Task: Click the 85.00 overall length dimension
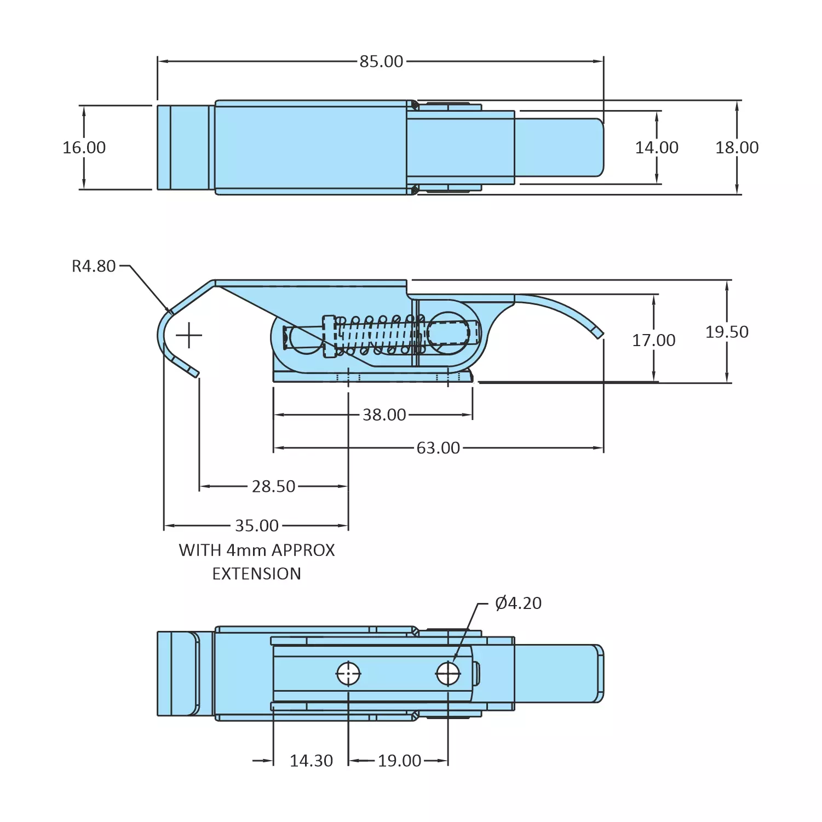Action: point(381,61)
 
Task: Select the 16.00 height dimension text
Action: point(84,147)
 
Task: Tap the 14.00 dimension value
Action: point(656,147)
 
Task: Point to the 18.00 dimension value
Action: point(737,147)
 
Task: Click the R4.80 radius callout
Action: point(94,266)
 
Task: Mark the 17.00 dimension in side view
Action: point(653,340)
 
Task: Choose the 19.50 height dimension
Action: point(727,332)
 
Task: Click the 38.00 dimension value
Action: point(384,415)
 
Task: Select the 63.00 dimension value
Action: point(438,448)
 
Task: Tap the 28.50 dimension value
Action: point(273,486)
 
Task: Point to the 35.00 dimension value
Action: point(256,526)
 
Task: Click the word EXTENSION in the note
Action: point(256,573)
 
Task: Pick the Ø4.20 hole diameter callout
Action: point(518,603)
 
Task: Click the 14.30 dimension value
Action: point(311,761)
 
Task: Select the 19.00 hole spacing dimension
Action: point(399,761)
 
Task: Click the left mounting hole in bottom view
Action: point(348,674)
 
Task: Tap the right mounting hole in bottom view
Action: point(448,674)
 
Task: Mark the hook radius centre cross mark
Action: point(189,335)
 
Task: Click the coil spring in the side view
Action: point(378,334)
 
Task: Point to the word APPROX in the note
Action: point(303,550)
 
